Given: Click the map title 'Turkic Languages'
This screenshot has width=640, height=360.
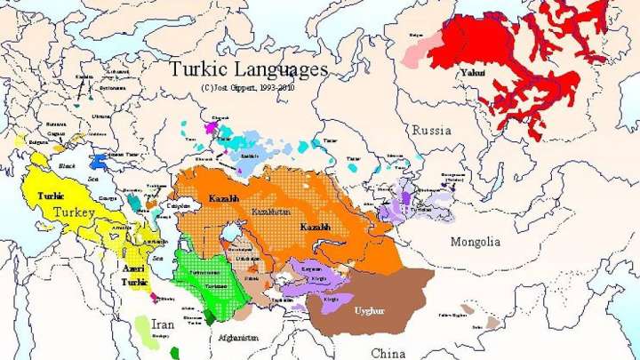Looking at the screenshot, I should click(248, 68).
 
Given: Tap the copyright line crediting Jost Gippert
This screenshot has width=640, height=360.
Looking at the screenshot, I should click(248, 87).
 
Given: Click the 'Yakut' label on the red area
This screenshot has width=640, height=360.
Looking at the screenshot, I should click(473, 72).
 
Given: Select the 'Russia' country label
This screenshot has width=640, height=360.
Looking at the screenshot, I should click(431, 130).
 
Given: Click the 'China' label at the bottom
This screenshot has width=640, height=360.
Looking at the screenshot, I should click(388, 353).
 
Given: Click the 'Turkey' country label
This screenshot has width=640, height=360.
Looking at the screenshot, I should click(74, 212).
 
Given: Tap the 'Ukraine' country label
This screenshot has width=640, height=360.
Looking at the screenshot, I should click(102, 116).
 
